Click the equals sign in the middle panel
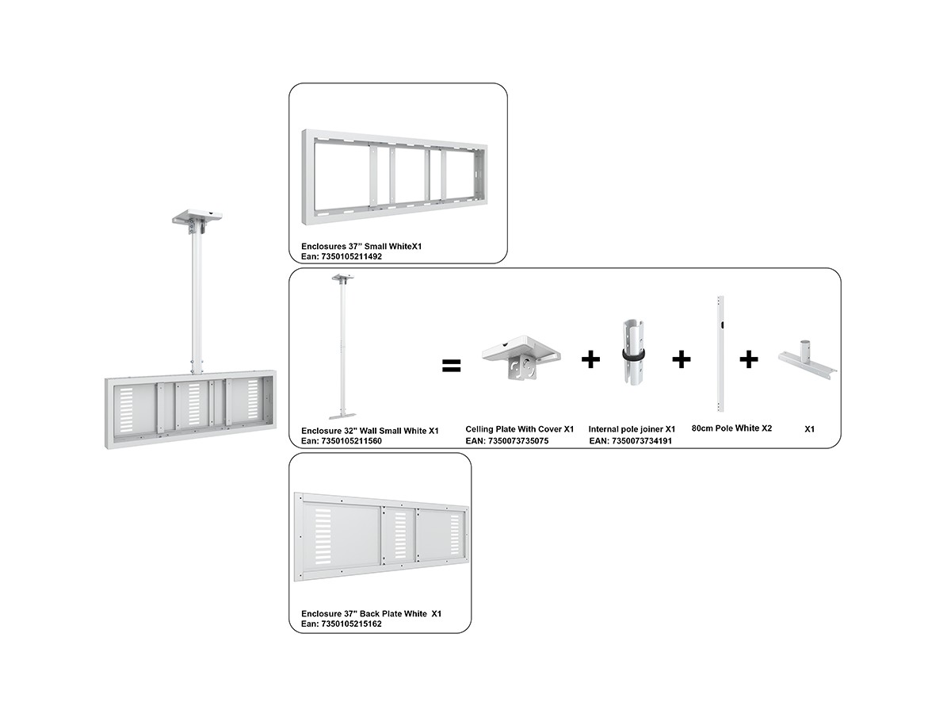[x=451, y=366]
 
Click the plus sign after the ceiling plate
[x=590, y=359]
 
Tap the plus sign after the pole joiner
[x=681, y=359]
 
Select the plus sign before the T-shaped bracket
[x=748, y=359]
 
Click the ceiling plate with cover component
[x=521, y=356]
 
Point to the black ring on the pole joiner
[x=632, y=354]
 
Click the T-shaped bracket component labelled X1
[x=807, y=361]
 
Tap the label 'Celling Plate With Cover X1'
[x=519, y=429]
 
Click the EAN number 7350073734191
[x=630, y=441]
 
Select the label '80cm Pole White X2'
[x=731, y=428]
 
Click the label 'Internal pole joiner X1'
[x=632, y=429]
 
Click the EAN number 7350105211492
[x=342, y=256]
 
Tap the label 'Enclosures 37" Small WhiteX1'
[x=361, y=246]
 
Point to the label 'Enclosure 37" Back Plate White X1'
[x=372, y=613]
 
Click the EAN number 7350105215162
[x=342, y=624]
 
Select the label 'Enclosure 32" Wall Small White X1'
[x=370, y=431]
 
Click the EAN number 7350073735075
[x=507, y=441]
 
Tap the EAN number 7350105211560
[x=342, y=441]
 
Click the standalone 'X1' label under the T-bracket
[x=809, y=429]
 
